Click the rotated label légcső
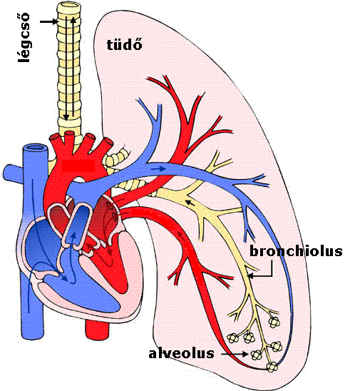pyautogui.click(x=24, y=37)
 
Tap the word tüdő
pyautogui.click(x=125, y=45)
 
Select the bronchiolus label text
pyautogui.click(x=296, y=251)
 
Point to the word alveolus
pyautogui.click(x=181, y=353)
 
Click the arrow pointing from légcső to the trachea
pyautogui.click(x=48, y=21)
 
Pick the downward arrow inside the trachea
pyautogui.click(x=66, y=68)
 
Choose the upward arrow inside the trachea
pyautogui.click(x=73, y=67)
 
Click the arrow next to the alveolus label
pyautogui.click(x=235, y=354)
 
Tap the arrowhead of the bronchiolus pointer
pyautogui.click(x=250, y=276)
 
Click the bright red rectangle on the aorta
pyautogui.click(x=78, y=166)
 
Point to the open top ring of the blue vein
pyautogui.click(x=35, y=148)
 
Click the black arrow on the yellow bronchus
pyautogui.click(x=190, y=203)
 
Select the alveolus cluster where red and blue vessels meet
pyautogui.click(x=272, y=367)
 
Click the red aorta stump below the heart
pyautogui.click(x=98, y=329)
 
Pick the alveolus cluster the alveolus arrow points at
pyautogui.click(x=257, y=355)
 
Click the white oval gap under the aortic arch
pyautogui.click(x=79, y=180)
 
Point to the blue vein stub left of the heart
pyautogui.click(x=12, y=172)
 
